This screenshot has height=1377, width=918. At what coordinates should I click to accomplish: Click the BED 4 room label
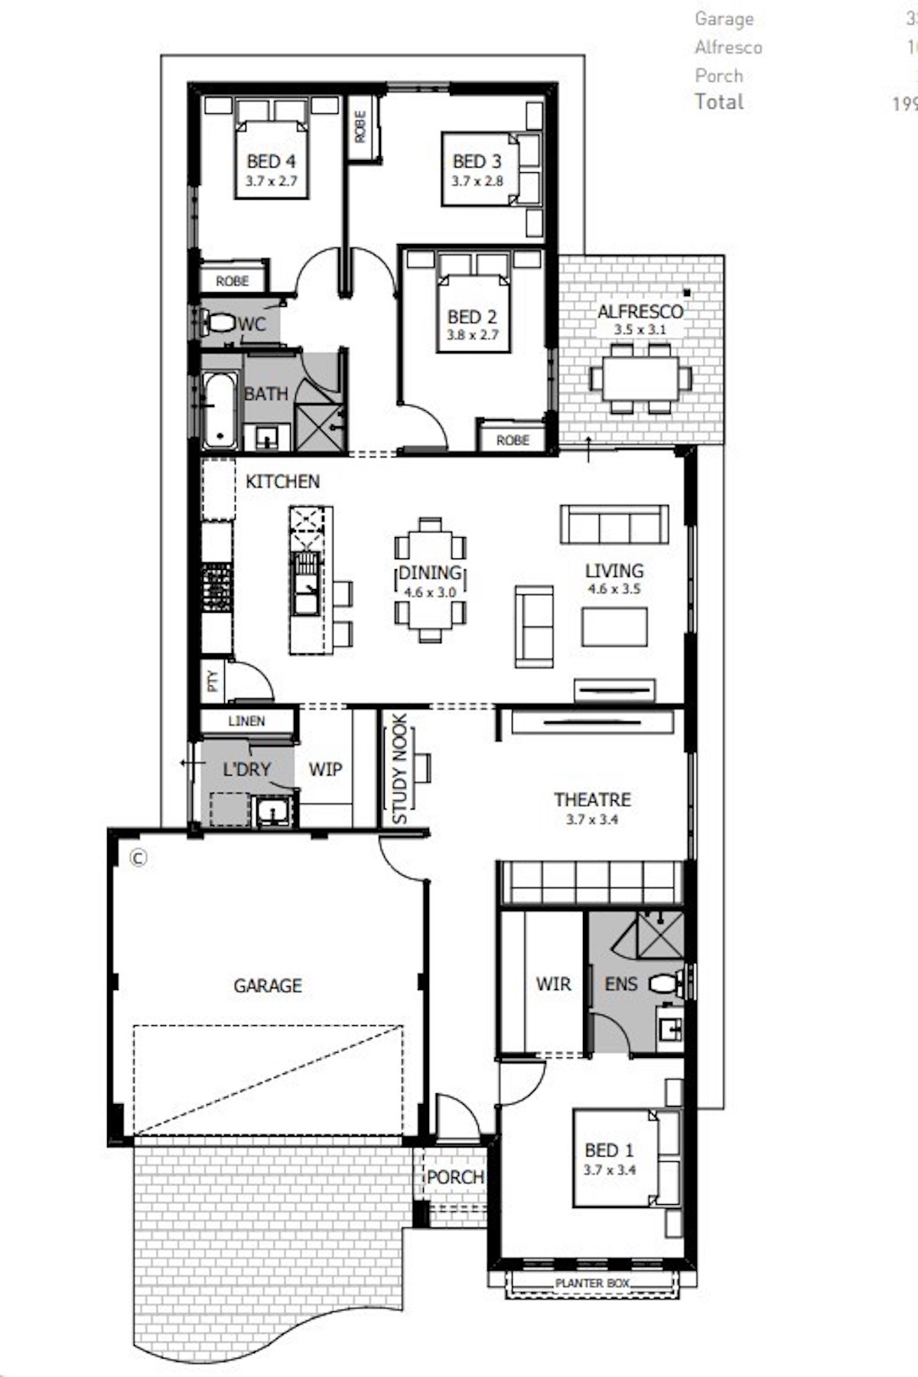[271, 161]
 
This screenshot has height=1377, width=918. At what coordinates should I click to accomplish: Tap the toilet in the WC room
[220, 323]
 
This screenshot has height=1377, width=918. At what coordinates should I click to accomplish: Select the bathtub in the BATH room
[220, 409]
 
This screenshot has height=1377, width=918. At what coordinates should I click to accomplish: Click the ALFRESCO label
[640, 312]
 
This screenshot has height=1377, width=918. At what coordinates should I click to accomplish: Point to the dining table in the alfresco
[640, 379]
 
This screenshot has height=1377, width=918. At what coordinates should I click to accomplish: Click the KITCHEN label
[282, 481]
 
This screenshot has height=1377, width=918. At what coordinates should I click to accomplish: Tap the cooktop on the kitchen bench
[216, 588]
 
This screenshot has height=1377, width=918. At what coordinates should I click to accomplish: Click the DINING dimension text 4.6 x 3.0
[430, 592]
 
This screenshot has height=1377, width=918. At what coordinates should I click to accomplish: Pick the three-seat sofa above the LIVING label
[614, 525]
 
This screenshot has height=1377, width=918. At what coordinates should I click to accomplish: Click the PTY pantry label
[213, 681]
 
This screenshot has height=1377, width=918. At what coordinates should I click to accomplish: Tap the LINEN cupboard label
[246, 721]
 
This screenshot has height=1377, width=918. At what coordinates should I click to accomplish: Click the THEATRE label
[592, 800]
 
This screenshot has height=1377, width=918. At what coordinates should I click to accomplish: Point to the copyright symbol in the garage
[138, 858]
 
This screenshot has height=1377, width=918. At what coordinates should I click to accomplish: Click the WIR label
[553, 984]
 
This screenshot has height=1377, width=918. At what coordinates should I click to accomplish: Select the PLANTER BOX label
[592, 1283]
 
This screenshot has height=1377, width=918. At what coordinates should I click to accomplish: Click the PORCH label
[455, 1177]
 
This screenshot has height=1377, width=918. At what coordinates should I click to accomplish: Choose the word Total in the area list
[719, 102]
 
